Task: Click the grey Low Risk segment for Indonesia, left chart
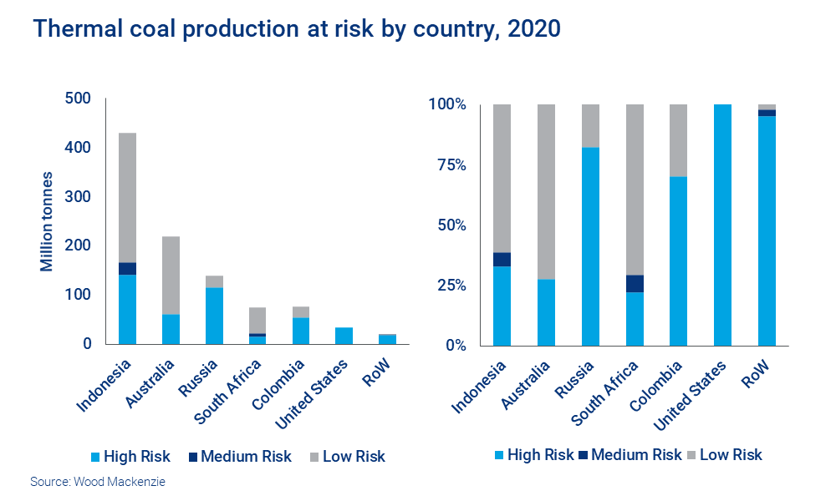127,197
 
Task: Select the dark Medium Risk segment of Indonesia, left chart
127,268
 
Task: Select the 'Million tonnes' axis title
48,221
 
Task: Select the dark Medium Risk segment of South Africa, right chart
634,283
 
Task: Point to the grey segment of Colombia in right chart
678,140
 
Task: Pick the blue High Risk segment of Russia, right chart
589,246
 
